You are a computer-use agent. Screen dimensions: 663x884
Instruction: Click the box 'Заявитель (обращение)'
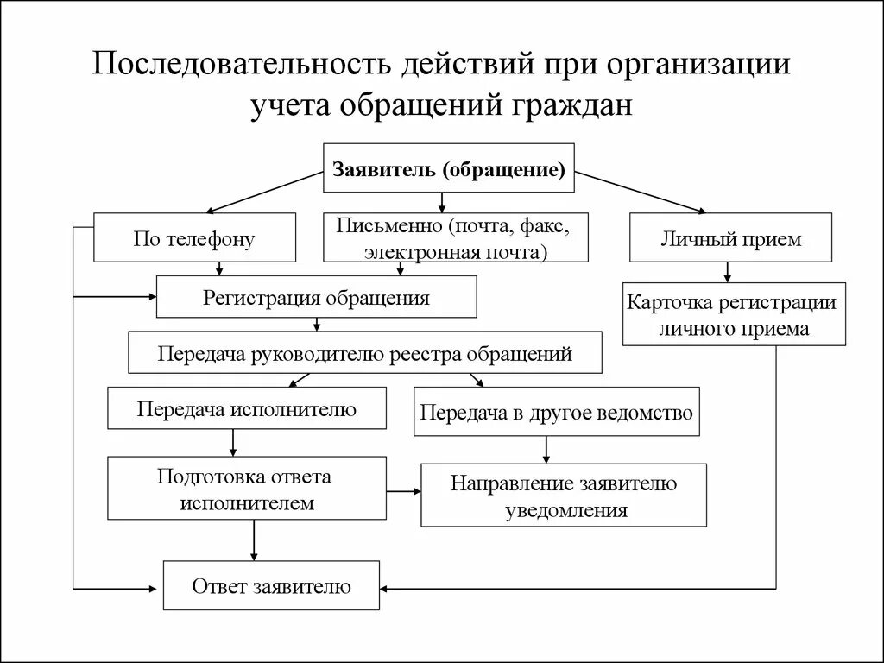tap(449, 167)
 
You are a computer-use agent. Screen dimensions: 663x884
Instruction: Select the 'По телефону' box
tap(194, 237)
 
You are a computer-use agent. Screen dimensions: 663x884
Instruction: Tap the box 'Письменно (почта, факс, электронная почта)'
tap(456, 237)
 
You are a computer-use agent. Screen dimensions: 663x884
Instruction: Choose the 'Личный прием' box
tap(730, 237)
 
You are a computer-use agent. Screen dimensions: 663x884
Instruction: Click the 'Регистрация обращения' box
tap(316, 297)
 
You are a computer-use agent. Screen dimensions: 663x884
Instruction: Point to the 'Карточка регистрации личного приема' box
tap(734, 316)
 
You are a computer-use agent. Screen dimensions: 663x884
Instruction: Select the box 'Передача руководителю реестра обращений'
tap(365, 353)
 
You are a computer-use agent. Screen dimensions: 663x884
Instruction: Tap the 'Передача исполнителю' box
tap(246, 408)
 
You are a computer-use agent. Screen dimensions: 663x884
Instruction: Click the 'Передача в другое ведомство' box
tap(557, 412)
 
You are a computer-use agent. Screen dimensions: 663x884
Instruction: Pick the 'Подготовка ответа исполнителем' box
tap(246, 489)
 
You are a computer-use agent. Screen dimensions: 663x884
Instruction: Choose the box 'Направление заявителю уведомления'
tap(563, 496)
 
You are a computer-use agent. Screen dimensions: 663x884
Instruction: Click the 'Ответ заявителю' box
tap(271, 587)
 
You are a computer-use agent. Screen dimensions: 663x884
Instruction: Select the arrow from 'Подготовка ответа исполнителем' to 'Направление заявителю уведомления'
tap(403, 491)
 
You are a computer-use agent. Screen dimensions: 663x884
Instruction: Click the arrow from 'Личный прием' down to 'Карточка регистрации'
tap(728, 273)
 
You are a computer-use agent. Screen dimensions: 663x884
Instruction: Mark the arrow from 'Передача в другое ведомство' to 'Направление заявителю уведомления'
tap(546, 450)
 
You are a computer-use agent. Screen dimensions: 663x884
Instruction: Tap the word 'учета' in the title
tap(288, 106)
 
